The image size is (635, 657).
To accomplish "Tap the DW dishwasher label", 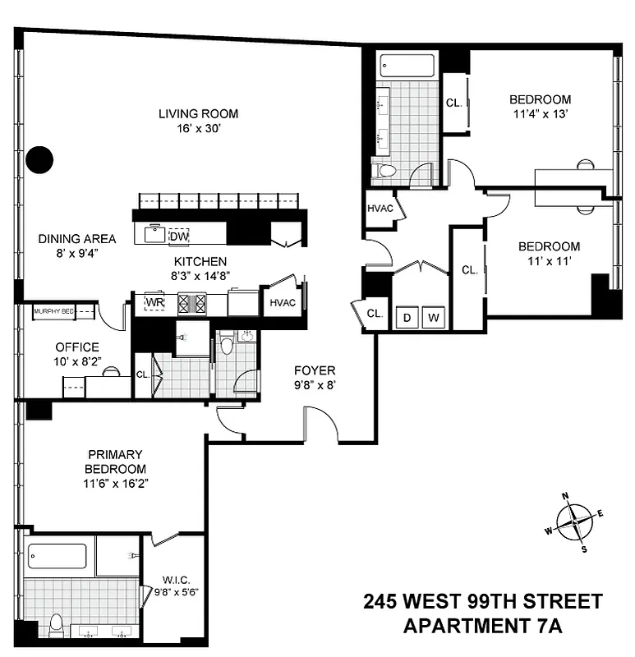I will click(178, 237).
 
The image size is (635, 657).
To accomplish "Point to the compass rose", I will click(574, 521).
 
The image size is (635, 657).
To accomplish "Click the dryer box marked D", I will click(406, 318).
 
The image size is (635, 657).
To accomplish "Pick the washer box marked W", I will click(435, 318).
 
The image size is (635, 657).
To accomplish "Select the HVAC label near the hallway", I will click(380, 208).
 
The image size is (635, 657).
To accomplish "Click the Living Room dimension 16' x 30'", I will click(198, 128).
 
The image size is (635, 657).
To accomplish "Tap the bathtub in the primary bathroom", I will click(57, 556).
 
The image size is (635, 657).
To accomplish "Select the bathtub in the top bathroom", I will click(407, 66).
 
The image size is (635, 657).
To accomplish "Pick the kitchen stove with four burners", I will click(197, 303).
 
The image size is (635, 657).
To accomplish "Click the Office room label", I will click(77, 347).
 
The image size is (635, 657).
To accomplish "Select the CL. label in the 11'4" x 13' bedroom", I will click(453, 103).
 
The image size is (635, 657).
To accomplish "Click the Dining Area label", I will click(76, 239).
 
